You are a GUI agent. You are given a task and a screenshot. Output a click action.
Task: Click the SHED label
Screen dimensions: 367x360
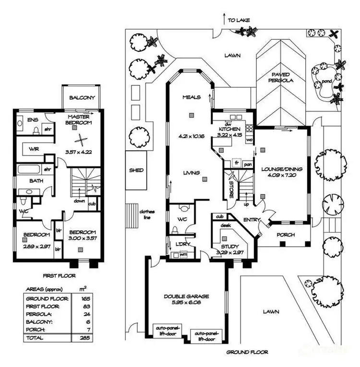[x=136, y=170]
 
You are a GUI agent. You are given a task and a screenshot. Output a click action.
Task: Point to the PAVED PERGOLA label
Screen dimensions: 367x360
[x=282, y=78]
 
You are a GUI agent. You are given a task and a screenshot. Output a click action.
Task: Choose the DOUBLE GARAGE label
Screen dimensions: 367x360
[x=187, y=296]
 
